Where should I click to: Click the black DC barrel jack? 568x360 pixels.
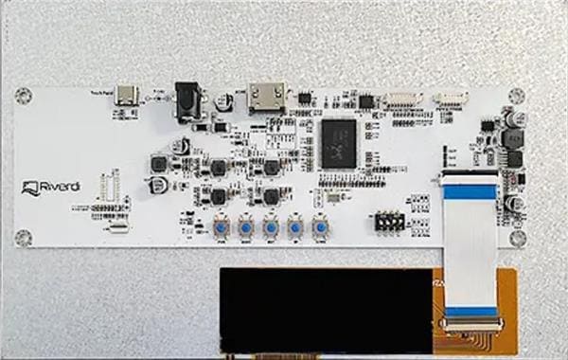pyautogui.click(x=187, y=99)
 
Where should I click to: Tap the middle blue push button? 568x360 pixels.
pyautogui.click(x=271, y=227)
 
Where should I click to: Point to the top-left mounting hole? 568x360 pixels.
pyautogui.click(x=24, y=95)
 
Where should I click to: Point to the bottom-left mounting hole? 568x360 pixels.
pyautogui.click(x=27, y=236)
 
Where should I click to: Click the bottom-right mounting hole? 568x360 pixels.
pyautogui.click(x=517, y=237)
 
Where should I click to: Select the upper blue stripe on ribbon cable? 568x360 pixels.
pyautogui.click(x=470, y=192)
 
